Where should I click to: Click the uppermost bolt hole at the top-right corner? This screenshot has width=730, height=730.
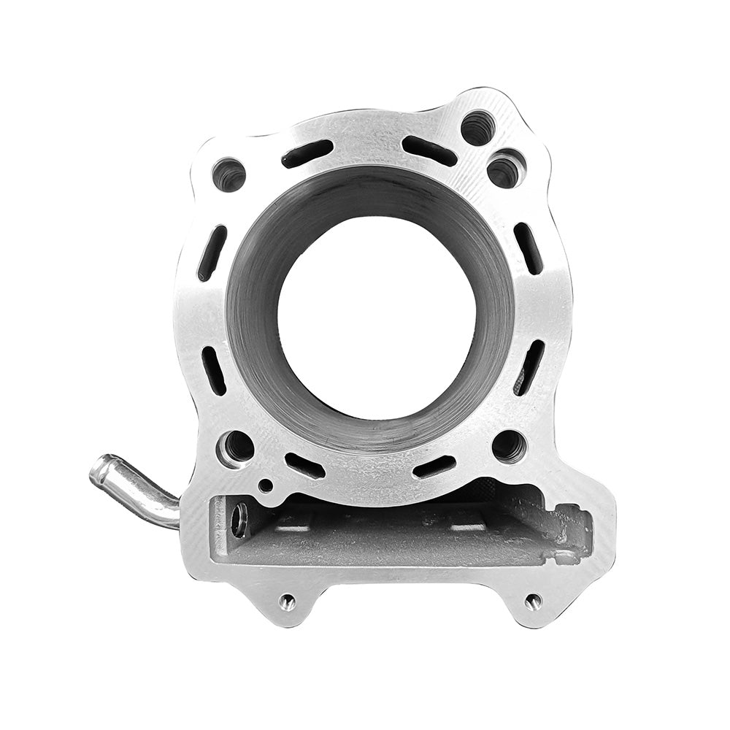(478, 128)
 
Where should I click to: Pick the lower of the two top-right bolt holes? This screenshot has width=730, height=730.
(505, 170)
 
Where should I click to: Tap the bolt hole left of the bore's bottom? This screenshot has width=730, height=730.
(237, 446)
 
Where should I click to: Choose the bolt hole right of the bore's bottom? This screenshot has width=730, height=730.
(509, 445)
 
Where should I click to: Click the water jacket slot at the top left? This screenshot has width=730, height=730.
(307, 153)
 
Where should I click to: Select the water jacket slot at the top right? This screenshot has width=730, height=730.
(429, 150)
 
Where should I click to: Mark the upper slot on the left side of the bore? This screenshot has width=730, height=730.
(212, 253)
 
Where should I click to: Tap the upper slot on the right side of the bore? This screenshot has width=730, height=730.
(528, 248)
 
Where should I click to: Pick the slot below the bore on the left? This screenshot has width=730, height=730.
(304, 466)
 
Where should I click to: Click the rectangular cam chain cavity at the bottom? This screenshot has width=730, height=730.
(394, 533)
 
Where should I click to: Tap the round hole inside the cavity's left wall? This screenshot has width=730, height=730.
(239, 520)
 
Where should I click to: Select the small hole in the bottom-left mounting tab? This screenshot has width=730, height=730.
(287, 602)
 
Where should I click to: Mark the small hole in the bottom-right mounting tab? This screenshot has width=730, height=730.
(533, 602)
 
